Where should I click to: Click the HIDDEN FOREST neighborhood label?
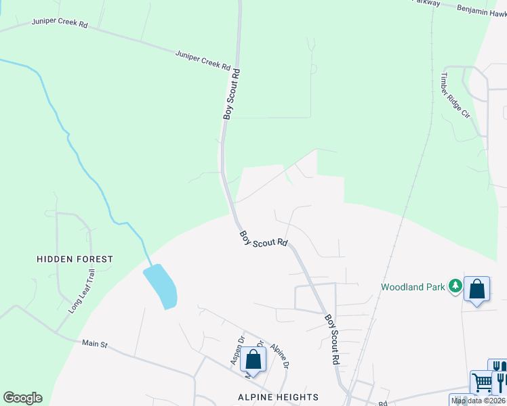pyautogui.click(x=75, y=259)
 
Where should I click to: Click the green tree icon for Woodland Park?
pyautogui.click(x=456, y=286)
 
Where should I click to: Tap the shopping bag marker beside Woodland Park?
pyautogui.click(x=477, y=290)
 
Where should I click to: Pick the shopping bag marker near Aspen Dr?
pyautogui.click(x=253, y=359)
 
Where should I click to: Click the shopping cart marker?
pyautogui.click(x=482, y=383)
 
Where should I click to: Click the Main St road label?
pyautogui.click(x=95, y=344)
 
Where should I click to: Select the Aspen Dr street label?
pyautogui.click(x=236, y=351)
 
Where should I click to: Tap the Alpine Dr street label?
pyautogui.click(x=280, y=356)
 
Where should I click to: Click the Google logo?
pyautogui.click(x=22, y=398)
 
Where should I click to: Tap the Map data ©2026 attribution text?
pyautogui.click(x=478, y=401)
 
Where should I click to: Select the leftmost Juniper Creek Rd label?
pyautogui.click(x=60, y=24)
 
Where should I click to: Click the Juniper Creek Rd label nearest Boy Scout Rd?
pyautogui.click(x=203, y=60)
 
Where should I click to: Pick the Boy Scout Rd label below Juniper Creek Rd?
pyautogui.click(x=232, y=93)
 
